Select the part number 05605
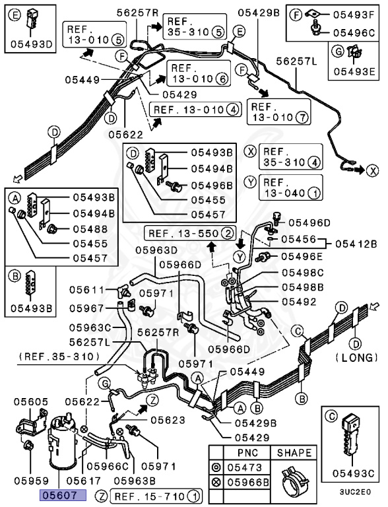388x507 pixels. [x=29, y=401]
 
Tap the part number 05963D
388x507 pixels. [x=157, y=250]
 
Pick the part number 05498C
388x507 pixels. [x=302, y=272]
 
